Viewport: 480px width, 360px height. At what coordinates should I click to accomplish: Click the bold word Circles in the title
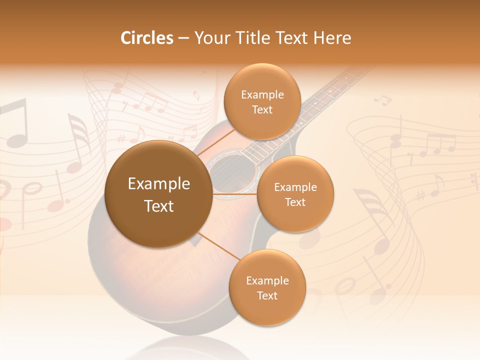tap(147, 38)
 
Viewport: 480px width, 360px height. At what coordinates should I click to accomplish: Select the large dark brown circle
tap(158, 194)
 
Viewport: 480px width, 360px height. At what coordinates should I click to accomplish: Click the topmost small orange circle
tap(262, 101)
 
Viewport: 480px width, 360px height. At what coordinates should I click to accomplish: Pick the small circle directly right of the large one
tap(295, 194)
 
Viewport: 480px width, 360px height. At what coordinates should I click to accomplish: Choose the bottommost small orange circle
tap(267, 287)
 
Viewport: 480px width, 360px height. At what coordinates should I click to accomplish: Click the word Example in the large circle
tap(158, 184)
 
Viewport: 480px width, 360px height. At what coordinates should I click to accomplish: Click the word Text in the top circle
tap(262, 109)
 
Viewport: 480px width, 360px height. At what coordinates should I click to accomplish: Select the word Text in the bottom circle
tap(267, 295)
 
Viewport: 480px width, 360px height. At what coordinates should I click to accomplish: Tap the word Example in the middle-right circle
tap(295, 187)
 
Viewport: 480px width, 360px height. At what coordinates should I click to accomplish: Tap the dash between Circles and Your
tap(183, 38)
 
